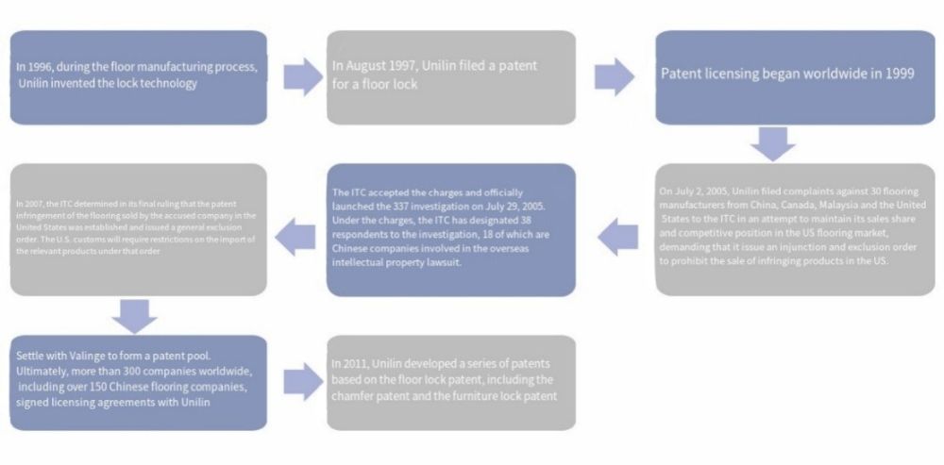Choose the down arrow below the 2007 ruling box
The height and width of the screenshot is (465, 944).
(x=140, y=315)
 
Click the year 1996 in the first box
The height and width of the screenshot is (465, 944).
(x=42, y=68)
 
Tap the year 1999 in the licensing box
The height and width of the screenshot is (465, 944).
(x=897, y=74)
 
